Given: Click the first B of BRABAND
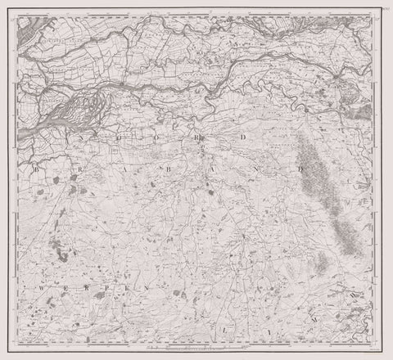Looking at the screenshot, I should tap(38, 169).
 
